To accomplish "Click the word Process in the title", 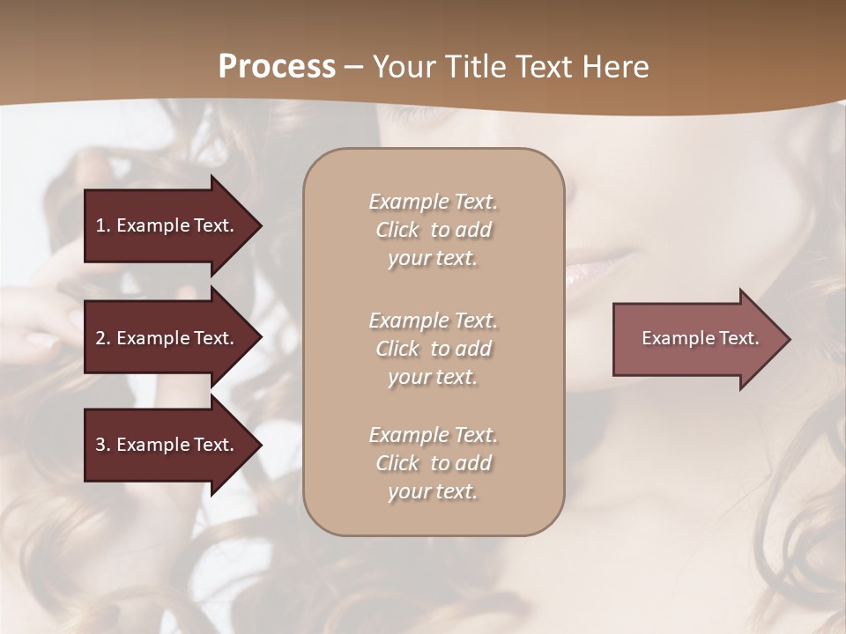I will click(x=277, y=67).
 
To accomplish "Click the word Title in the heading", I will click(x=472, y=67).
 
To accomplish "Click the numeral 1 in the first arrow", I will click(x=100, y=225).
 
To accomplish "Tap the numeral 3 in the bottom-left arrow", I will click(x=100, y=445).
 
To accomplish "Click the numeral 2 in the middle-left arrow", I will click(x=100, y=338).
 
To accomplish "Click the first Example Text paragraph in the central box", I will click(x=433, y=230).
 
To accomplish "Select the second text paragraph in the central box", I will click(x=433, y=349).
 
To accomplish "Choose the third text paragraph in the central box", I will click(x=433, y=463).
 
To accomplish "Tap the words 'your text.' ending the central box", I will click(x=433, y=492).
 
